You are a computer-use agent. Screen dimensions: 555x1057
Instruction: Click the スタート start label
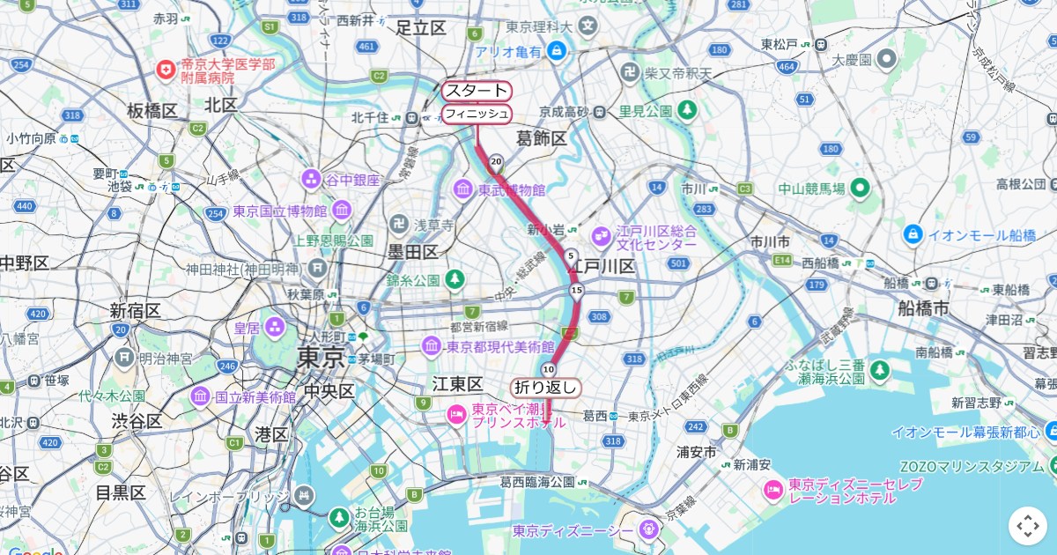(477, 91)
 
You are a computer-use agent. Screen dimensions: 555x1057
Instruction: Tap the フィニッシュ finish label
(477, 114)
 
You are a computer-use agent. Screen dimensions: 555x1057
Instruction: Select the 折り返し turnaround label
(546, 388)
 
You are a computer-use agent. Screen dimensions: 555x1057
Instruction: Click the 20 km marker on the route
(497, 161)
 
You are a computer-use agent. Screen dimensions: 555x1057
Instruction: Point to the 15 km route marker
(577, 290)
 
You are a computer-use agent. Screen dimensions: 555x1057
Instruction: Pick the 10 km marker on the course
(549, 368)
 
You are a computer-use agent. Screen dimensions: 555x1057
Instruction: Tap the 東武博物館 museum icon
(463, 189)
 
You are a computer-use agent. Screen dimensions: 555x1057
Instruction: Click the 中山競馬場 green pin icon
(861, 188)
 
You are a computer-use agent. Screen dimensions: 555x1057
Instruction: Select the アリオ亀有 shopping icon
(556, 52)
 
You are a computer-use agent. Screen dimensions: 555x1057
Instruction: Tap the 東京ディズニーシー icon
(649, 530)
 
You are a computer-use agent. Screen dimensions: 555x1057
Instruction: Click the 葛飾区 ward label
(542, 137)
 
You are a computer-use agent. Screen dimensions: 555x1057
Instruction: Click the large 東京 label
(322, 358)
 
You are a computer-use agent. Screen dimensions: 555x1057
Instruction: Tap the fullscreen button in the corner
(1028, 526)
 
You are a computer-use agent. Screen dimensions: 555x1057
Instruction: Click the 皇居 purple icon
(276, 328)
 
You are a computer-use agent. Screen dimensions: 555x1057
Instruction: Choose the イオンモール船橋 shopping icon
(913, 234)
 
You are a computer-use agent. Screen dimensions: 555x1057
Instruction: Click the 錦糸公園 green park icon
(455, 280)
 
